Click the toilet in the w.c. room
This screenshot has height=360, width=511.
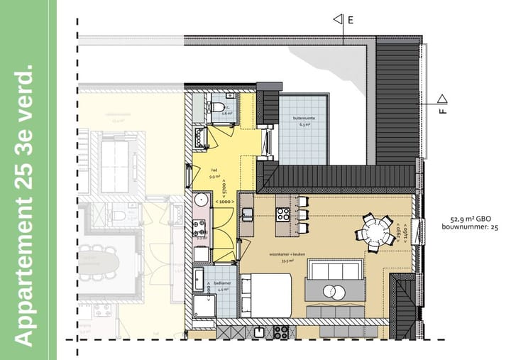[x=217, y=108]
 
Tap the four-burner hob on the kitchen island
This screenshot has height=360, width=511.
[x=282, y=214]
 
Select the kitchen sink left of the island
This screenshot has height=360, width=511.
[x=248, y=214]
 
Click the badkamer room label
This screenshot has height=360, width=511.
[x=222, y=285]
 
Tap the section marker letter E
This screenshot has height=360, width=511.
[x=350, y=20]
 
